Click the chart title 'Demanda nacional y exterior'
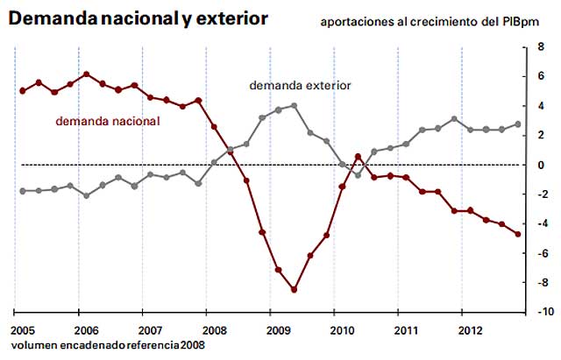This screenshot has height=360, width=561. click(x=139, y=17)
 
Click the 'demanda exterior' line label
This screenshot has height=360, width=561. click(x=300, y=86)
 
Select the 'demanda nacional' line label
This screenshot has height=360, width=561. click(x=108, y=122)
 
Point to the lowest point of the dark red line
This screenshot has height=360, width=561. click(x=294, y=289)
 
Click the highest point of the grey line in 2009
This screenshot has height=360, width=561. click(x=294, y=105)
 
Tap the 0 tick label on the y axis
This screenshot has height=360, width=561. click(x=542, y=165)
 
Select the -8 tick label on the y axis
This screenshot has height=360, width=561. click(x=542, y=282)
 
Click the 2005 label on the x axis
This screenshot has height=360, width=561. click(x=24, y=332)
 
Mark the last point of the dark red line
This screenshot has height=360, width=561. click(x=517, y=234)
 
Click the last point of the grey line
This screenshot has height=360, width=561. click(x=517, y=124)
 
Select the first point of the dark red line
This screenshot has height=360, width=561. click(x=22, y=90)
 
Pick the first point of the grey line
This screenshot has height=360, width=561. click(x=22, y=190)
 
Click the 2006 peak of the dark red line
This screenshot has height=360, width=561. click(x=86, y=74)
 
